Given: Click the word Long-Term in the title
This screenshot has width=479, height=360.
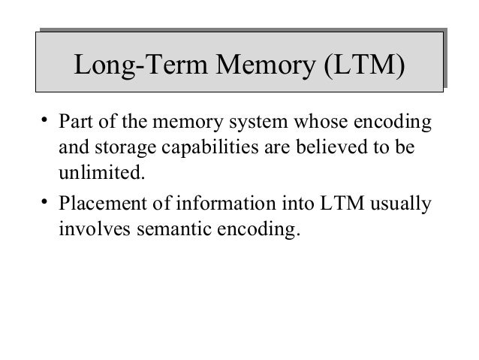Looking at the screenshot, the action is pyautogui.click(x=133, y=66).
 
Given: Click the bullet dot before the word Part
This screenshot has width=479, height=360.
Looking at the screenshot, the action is pyautogui.click(x=45, y=119).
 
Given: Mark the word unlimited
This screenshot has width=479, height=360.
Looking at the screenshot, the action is pyautogui.click(x=99, y=175).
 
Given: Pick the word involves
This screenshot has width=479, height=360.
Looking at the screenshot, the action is pyautogui.click(x=86, y=228).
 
